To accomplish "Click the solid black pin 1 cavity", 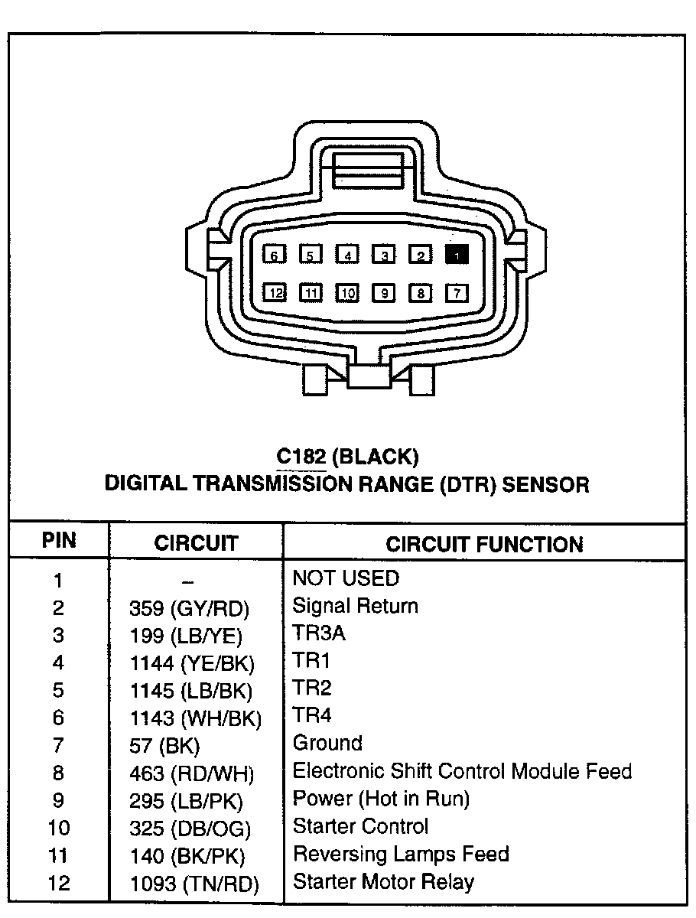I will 457,256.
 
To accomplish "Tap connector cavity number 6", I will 274,256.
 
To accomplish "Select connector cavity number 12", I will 275,292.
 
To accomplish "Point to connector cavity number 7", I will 457,292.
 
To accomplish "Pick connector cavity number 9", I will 384,292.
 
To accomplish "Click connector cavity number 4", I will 347,256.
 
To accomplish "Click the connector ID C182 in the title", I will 301,457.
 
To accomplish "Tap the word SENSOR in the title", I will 545,484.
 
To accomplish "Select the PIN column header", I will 59,541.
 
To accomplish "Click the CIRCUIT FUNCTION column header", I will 484,544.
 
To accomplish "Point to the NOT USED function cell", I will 346,578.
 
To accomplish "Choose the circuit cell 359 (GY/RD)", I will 190,609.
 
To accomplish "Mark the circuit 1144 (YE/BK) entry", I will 192,663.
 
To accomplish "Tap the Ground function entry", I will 327,743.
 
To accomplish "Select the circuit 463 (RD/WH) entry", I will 191,773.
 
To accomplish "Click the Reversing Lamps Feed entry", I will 401,854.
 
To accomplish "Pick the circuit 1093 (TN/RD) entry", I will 194,884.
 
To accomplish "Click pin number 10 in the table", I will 58,828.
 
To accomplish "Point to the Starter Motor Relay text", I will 383,882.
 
